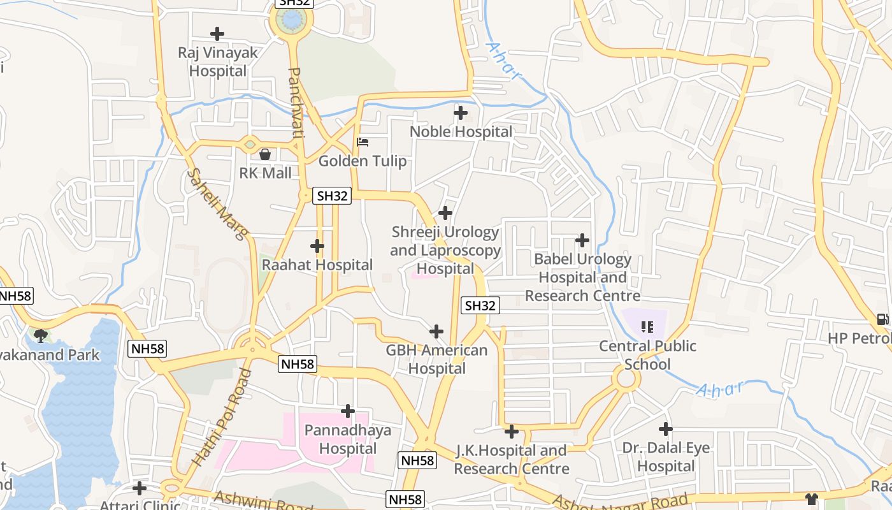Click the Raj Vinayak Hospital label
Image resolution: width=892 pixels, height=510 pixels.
coord(217,62)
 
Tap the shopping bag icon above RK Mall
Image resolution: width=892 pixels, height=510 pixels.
coord(265,154)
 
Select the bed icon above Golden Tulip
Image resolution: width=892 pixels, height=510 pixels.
coord(363,142)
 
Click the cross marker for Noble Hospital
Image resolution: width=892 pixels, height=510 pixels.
coord(460,113)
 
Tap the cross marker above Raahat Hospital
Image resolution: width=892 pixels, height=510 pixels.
coord(317,245)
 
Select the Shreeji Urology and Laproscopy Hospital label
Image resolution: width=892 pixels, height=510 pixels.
coord(445,251)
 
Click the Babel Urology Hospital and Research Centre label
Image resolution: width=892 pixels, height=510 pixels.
coord(582,277)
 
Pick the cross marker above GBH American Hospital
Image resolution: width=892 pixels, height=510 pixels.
coord(436,331)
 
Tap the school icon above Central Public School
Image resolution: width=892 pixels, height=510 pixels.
coord(647,327)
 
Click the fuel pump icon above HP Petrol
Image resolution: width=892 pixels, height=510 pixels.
coord(882,319)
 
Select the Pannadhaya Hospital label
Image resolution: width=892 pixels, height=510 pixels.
coord(348,439)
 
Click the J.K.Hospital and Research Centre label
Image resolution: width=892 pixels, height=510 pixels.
coord(511,460)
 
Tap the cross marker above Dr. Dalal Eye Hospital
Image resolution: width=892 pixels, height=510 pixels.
coord(666,428)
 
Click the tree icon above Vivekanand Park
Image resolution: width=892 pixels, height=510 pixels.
coord(41,335)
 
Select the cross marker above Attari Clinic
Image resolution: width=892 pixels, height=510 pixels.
coord(140,488)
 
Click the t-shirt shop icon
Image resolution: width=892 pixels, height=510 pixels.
coord(811,499)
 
